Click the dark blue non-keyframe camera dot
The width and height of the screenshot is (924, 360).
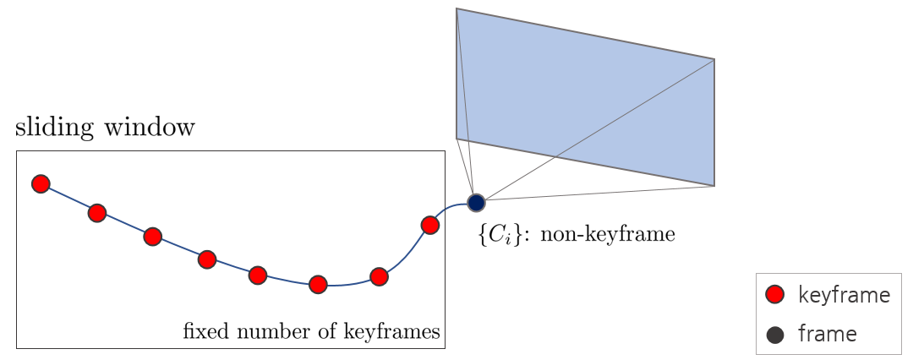click(476, 203)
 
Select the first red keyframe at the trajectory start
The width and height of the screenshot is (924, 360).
click(41, 184)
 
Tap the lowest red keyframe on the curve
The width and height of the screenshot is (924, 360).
click(318, 284)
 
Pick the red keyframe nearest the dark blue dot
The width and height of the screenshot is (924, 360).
click(429, 225)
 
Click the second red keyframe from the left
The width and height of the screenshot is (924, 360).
click(97, 213)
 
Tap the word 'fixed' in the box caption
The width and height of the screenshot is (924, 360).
click(202, 332)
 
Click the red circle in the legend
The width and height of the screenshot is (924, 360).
click(774, 295)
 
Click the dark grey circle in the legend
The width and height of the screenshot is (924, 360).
click(774, 335)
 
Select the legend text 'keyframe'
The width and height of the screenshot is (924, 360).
click(844, 295)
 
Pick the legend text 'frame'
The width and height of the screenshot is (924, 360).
click(827, 335)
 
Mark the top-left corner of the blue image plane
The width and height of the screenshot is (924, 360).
click(457, 9)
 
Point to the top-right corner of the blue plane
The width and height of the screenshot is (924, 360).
click(714, 59)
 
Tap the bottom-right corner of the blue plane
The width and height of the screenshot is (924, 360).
click(714, 185)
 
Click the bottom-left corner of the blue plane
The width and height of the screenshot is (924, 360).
click(457, 138)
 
